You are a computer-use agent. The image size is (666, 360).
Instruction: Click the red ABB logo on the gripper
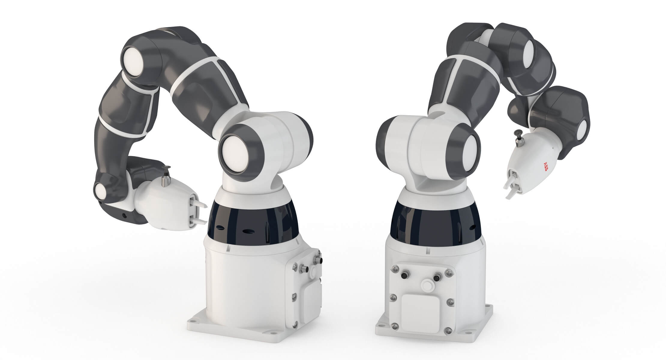[x=547, y=166]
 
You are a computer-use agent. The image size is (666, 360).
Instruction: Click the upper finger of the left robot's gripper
[x=201, y=205]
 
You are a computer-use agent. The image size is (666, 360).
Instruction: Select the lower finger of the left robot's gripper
[x=200, y=222]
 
